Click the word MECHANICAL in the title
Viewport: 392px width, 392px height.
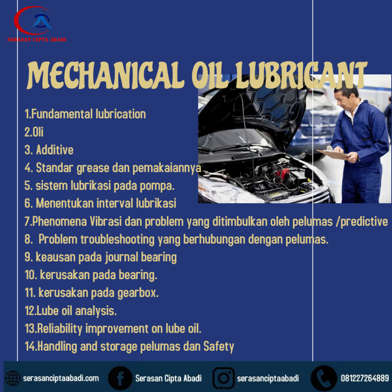pos(106,75)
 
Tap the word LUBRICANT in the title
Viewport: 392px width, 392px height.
pos(301,75)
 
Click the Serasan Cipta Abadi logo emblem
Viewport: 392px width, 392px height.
pos(34,21)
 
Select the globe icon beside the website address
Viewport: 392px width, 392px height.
pos(13,378)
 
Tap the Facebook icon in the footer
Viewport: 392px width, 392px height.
pos(120,378)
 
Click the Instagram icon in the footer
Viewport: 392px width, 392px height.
pos(224,378)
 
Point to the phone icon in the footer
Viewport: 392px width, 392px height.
pos(324,378)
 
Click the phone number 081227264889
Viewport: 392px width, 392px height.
pos(365,378)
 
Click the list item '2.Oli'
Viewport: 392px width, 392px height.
pos(34,132)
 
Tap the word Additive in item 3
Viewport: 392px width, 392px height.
pos(55,150)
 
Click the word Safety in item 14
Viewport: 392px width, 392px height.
pos(219,347)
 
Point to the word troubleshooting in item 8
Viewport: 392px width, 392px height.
pos(118,240)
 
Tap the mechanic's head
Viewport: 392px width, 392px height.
pos(346,95)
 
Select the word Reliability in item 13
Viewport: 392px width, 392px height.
pos(60,329)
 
